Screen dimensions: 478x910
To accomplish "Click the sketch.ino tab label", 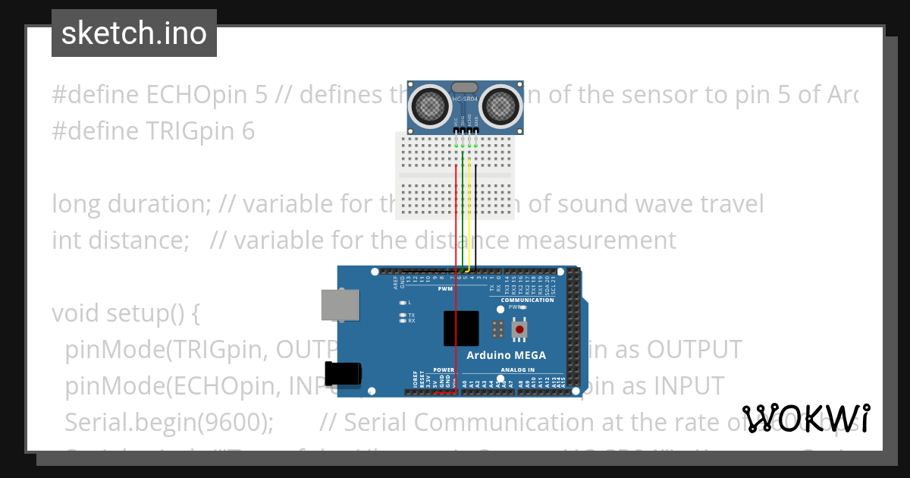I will click(x=134, y=33).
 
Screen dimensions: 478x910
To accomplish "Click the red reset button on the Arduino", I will click(x=519, y=330).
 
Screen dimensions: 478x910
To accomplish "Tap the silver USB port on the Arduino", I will click(x=340, y=304).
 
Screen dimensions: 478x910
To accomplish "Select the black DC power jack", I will click(x=343, y=375).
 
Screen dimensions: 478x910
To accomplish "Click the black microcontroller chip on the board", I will click(x=461, y=329).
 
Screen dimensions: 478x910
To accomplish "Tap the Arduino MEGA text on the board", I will click(x=506, y=355).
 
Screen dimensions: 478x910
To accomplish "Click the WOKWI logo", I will click(x=806, y=418).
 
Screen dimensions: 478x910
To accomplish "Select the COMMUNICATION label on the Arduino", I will click(x=527, y=300).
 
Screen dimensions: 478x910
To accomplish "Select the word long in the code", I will click(x=76, y=204).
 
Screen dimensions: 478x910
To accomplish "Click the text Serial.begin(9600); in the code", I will click(x=169, y=422).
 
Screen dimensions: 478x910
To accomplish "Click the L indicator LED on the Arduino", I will click(x=403, y=303).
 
